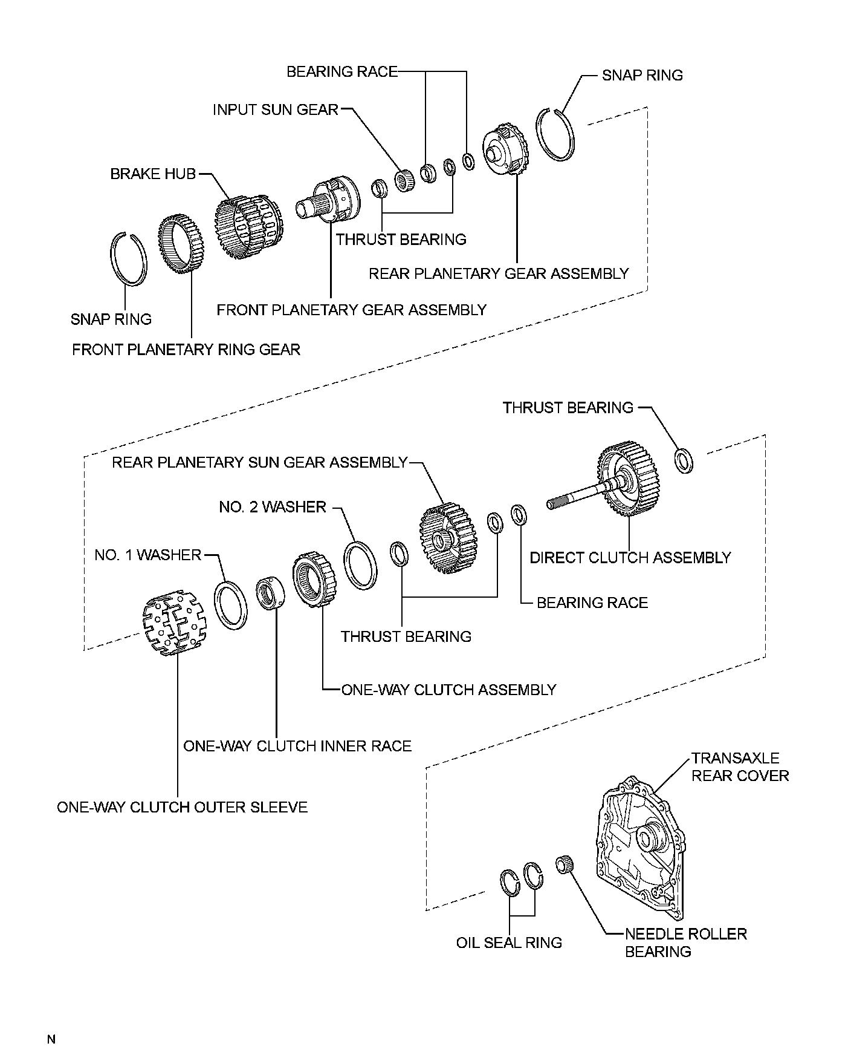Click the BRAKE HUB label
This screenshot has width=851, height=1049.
(153, 174)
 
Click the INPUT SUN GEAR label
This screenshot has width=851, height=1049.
(275, 109)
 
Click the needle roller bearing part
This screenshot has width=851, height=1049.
(564, 863)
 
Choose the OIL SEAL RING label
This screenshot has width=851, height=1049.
(509, 943)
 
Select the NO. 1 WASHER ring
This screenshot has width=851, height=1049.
(230, 605)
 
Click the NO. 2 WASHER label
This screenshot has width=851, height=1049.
(273, 507)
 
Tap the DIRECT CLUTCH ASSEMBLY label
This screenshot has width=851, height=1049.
(630, 557)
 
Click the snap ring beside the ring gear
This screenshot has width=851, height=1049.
(128, 257)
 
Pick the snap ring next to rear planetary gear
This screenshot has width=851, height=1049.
(556, 134)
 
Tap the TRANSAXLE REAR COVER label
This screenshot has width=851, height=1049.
(740, 766)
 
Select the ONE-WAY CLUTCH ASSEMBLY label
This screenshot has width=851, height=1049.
(448, 690)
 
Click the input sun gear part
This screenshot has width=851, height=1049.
(403, 180)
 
